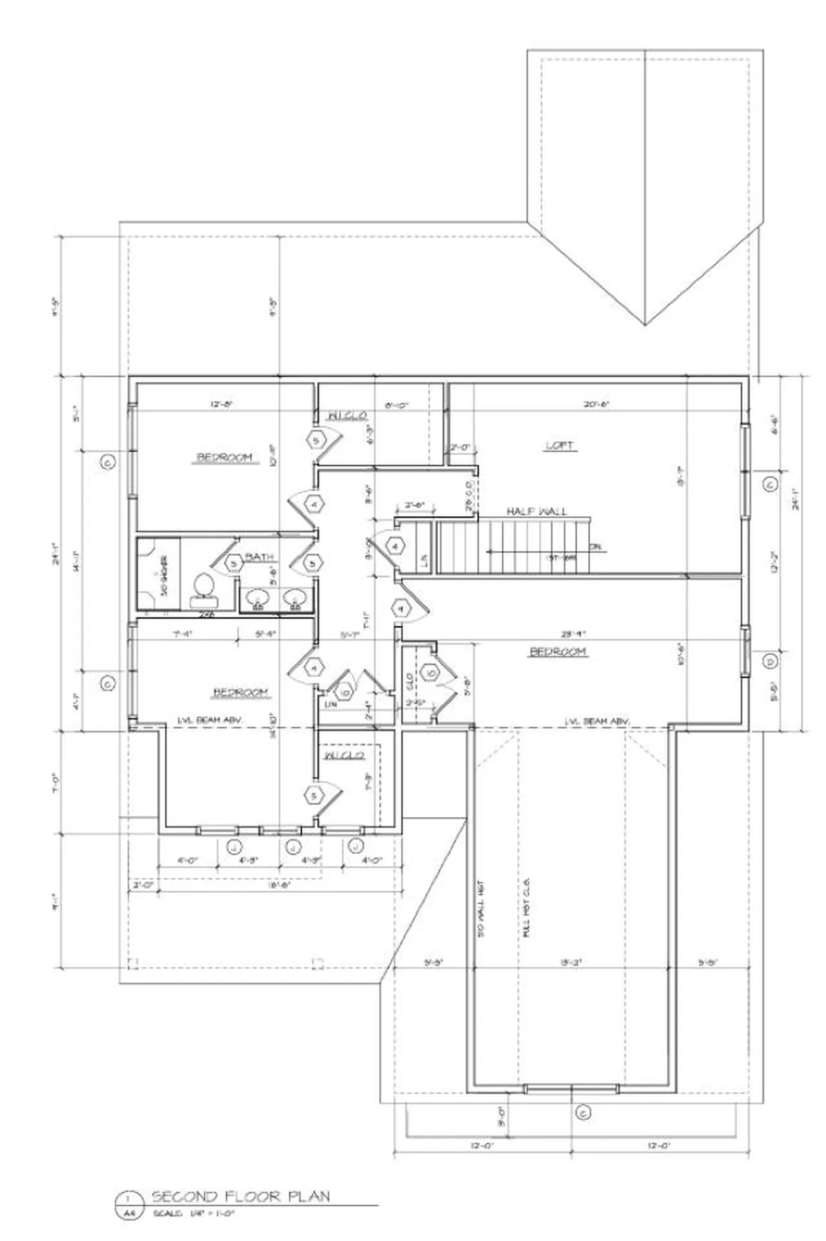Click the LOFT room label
pos(560,445)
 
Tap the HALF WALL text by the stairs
pos(536,511)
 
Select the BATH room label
pos(259,557)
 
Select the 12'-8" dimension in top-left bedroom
pos(221,404)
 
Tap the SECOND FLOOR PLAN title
pos(240,1196)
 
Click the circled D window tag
pos(770,661)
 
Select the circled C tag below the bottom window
pos(582,1113)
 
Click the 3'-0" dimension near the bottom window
pos(500,1115)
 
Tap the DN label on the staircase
pos(595,546)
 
